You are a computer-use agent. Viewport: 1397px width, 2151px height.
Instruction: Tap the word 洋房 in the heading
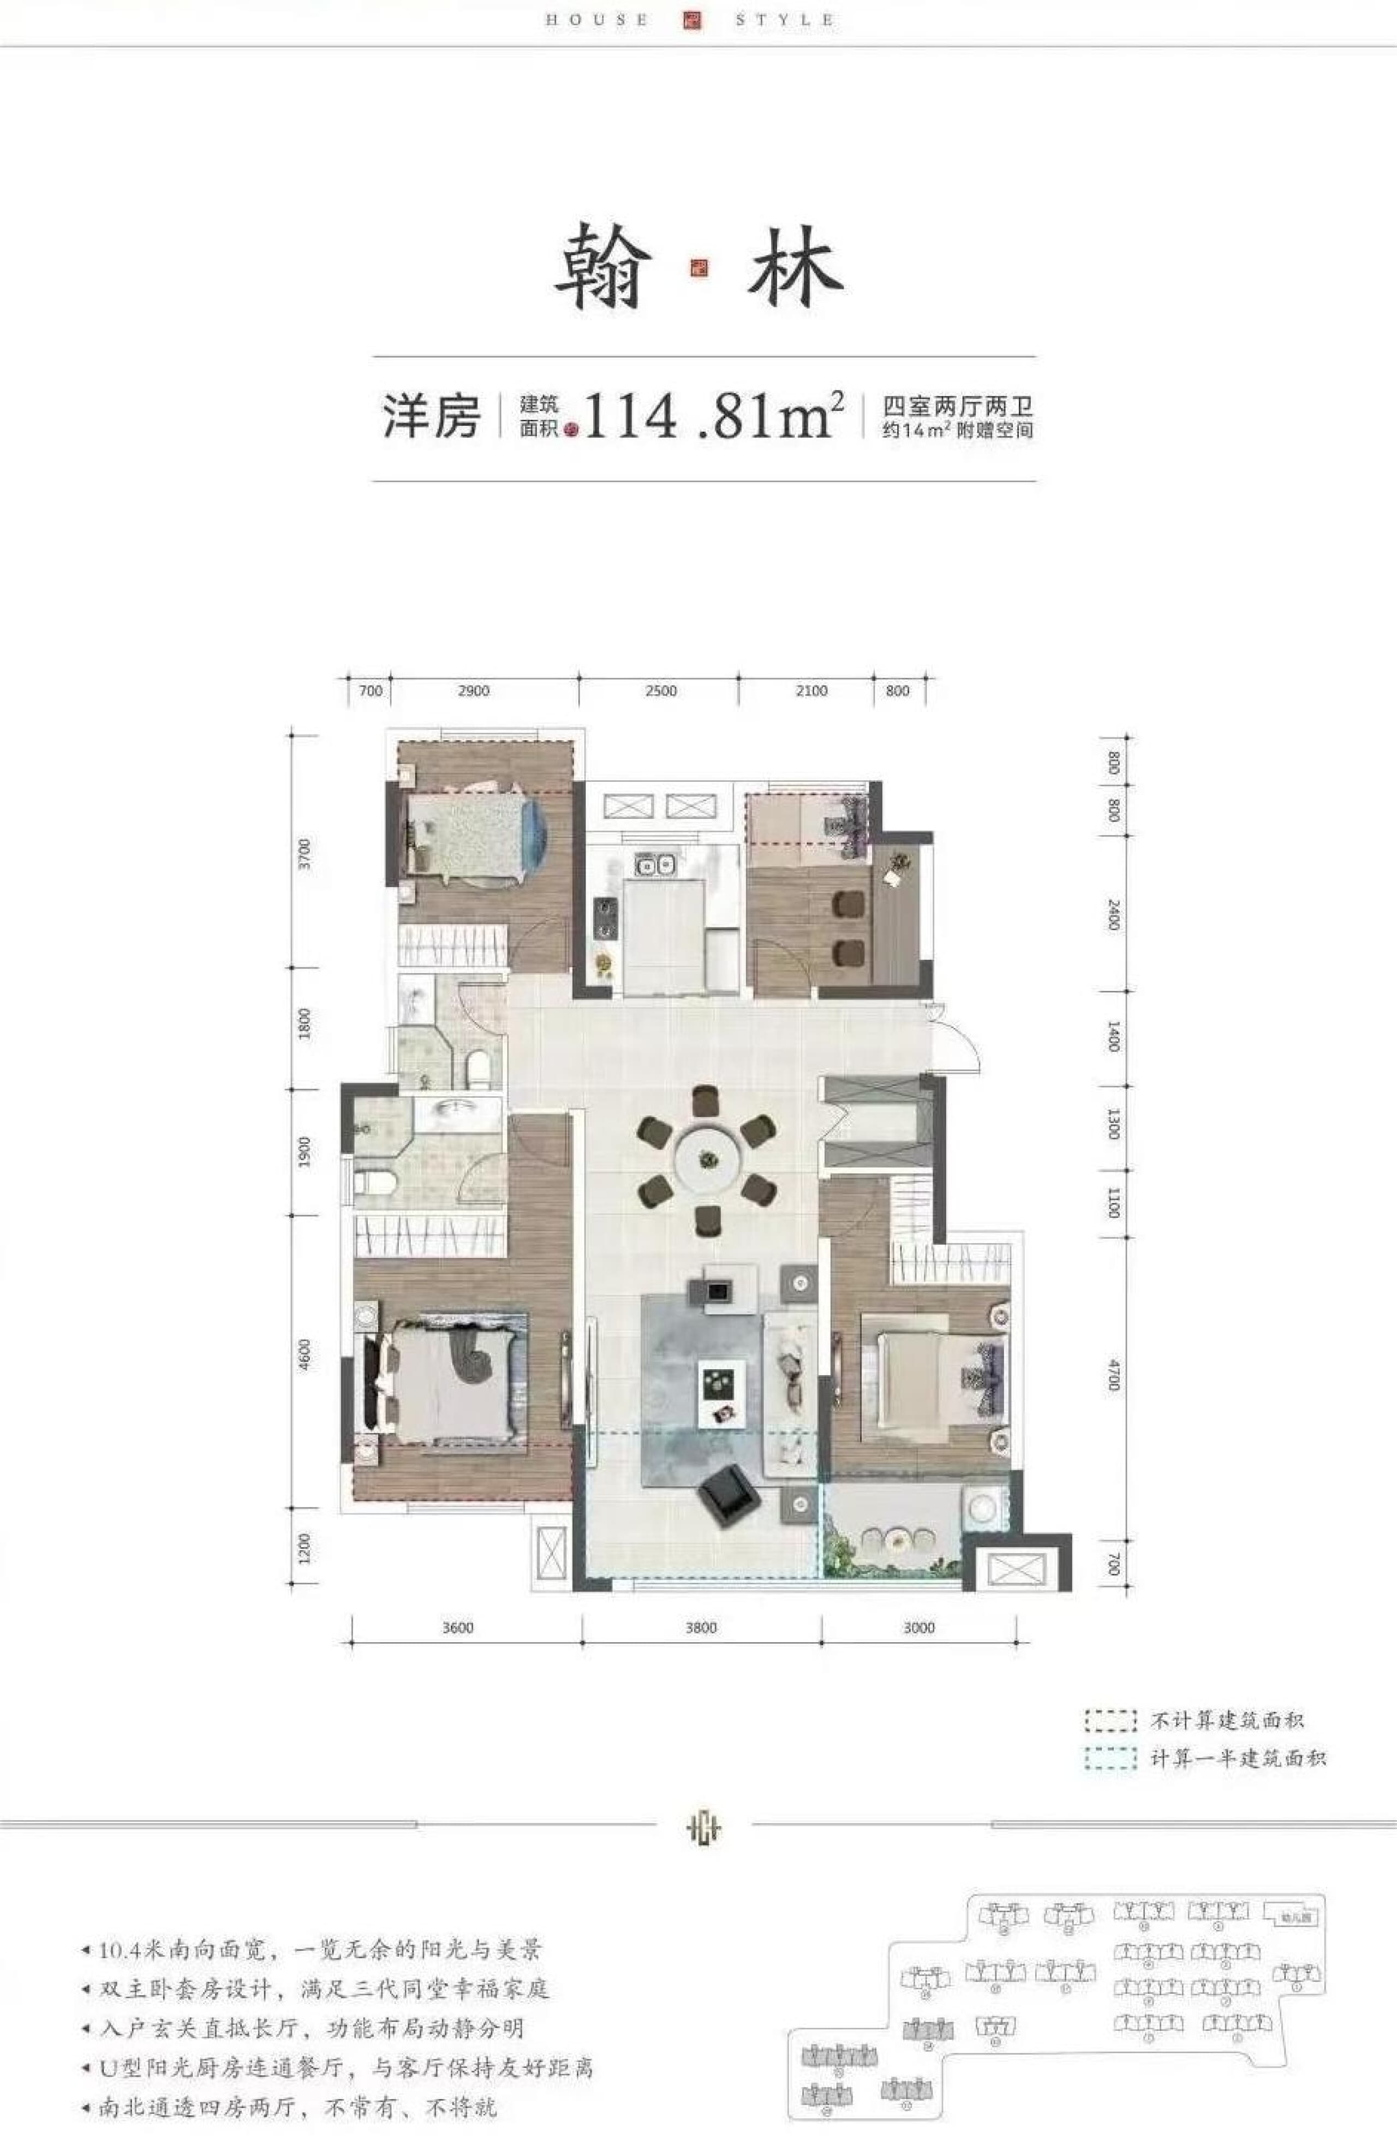[x=430, y=417]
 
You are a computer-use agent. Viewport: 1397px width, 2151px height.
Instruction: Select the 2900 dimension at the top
[x=474, y=691]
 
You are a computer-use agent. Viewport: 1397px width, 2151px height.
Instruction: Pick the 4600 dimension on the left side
[x=305, y=1355]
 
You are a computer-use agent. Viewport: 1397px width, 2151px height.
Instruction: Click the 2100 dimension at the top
[x=811, y=691]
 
